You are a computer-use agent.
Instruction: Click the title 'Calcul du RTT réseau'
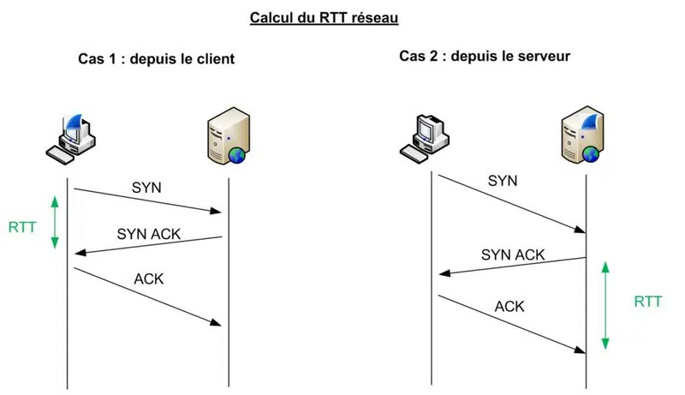324,18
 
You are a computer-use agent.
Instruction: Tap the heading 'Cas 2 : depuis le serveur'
485,57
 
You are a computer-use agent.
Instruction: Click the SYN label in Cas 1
146,186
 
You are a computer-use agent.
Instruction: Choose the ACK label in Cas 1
148,279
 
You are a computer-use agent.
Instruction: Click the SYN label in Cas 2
503,181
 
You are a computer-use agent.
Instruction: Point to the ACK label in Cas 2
509,306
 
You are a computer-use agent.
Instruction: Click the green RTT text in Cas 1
23,228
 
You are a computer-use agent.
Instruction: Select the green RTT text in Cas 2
648,302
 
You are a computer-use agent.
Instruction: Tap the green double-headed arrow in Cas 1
55,222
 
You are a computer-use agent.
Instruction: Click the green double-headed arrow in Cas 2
605,305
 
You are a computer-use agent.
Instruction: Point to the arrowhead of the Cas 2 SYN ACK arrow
444,273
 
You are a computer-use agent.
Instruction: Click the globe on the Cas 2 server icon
590,154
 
